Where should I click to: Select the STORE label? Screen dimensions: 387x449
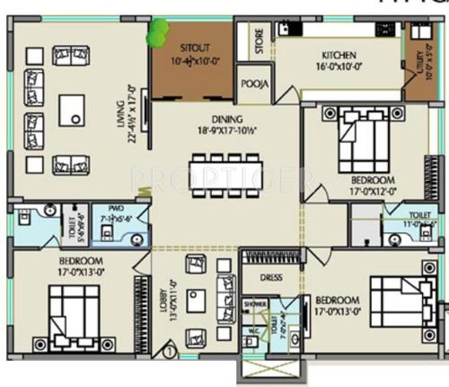tap(259, 41)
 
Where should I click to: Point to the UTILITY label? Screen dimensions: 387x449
tap(415, 62)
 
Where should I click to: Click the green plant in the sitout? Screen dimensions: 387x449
tap(157, 32)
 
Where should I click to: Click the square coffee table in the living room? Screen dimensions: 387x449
tap(72, 111)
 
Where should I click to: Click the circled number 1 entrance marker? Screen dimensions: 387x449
tap(167, 365)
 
